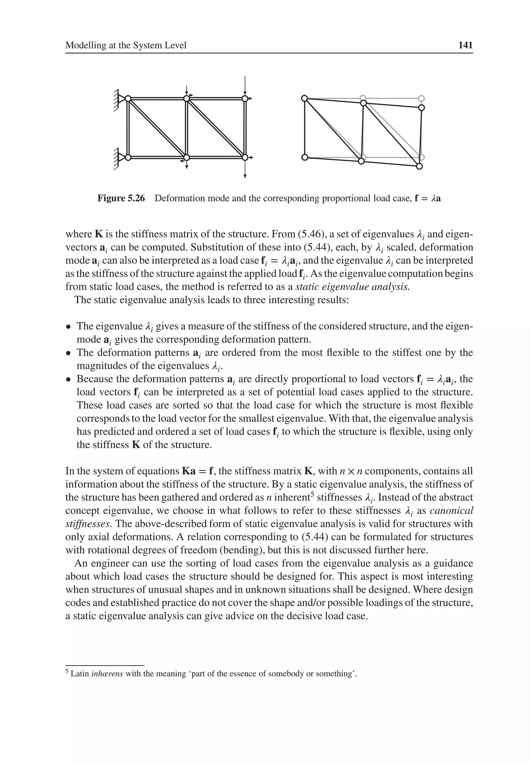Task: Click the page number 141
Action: click(x=465, y=45)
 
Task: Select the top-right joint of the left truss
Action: click(x=245, y=98)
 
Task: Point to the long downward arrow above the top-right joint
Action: click(x=245, y=85)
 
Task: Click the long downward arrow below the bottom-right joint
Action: click(x=245, y=169)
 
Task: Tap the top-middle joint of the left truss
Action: click(x=187, y=98)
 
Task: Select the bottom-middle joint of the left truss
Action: click(x=187, y=157)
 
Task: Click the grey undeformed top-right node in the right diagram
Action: click(x=421, y=98)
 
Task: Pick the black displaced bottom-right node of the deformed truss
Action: click(x=419, y=166)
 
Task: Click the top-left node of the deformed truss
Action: click(x=304, y=98)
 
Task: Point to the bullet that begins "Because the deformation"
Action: click(x=68, y=379)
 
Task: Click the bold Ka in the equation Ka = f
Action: click(x=189, y=471)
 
